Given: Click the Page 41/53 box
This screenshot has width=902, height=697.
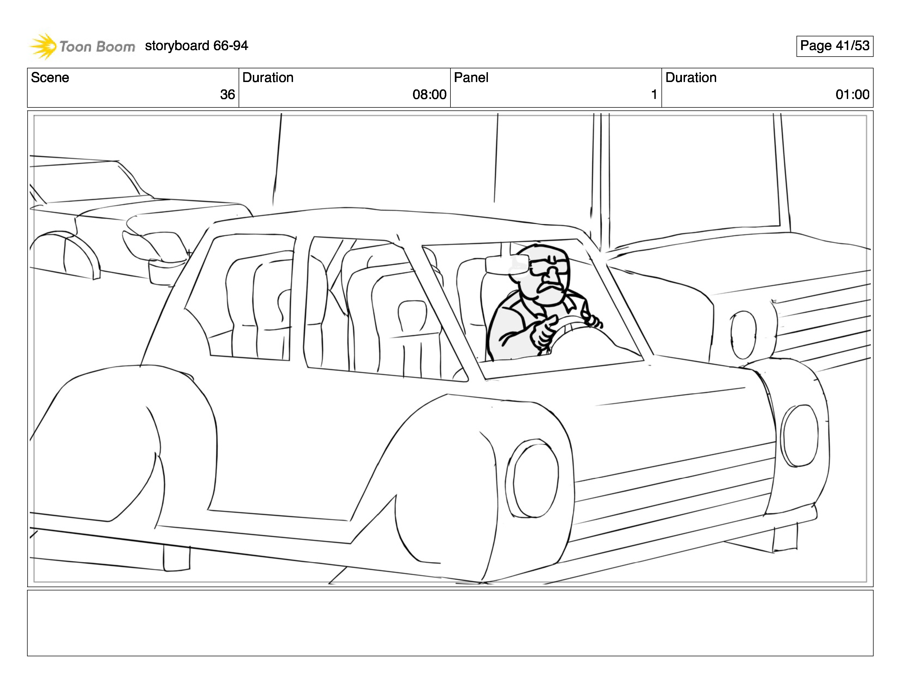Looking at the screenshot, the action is (834, 46).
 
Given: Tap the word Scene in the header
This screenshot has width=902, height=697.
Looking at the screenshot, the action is (50, 78).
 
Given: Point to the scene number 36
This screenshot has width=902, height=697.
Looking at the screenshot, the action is (227, 95).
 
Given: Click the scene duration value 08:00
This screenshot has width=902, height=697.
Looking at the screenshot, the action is (429, 95).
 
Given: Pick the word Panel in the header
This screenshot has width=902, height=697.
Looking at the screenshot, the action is (471, 78).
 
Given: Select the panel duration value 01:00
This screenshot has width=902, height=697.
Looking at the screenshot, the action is (852, 95).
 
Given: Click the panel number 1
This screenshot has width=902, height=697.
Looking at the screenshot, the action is (654, 95).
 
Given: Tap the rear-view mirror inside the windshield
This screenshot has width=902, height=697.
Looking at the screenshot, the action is (507, 264).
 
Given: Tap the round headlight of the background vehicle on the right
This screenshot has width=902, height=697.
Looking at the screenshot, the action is (743, 335).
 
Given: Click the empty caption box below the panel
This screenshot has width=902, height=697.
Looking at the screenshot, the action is (450, 623).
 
